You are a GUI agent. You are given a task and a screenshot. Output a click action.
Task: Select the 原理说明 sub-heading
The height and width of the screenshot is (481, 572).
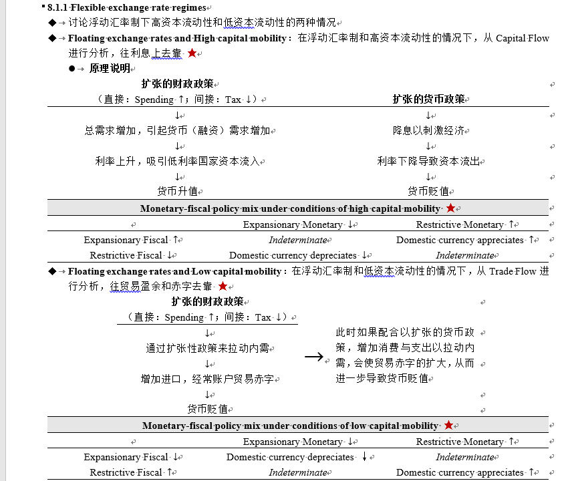110,68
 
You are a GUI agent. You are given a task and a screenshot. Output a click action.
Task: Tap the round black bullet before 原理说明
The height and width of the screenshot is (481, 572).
71,69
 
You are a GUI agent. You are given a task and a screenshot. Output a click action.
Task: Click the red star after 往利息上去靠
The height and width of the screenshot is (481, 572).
192,53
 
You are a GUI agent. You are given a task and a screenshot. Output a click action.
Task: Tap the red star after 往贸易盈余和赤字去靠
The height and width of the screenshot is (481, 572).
223,286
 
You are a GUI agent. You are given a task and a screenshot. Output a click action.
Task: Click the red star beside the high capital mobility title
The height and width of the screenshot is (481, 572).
450,208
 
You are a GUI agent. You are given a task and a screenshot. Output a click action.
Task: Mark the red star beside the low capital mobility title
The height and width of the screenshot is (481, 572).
448,426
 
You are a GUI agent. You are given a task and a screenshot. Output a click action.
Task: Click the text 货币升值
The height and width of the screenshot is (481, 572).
177,190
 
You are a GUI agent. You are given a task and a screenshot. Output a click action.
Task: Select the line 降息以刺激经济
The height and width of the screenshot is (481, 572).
428,130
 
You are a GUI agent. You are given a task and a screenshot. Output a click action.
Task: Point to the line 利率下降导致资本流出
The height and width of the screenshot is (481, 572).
428,161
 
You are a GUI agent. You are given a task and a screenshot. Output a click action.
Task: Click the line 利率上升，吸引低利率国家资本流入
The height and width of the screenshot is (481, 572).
177,161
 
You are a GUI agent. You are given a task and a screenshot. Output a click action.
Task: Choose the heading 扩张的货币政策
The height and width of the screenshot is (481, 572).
428,99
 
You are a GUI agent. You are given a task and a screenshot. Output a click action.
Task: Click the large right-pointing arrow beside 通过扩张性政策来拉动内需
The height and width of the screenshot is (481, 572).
313,357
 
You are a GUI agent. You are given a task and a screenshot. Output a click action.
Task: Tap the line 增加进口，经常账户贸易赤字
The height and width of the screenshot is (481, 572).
207,379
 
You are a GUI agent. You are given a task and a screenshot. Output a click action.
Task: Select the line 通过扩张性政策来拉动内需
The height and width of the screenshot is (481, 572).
207,348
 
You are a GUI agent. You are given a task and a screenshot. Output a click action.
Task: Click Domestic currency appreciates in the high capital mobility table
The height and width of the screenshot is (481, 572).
460,240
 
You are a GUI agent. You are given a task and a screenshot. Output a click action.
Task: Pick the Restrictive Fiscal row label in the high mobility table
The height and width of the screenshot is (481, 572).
126,255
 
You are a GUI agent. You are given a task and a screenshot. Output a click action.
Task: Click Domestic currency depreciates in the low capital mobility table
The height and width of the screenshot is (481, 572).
289,458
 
